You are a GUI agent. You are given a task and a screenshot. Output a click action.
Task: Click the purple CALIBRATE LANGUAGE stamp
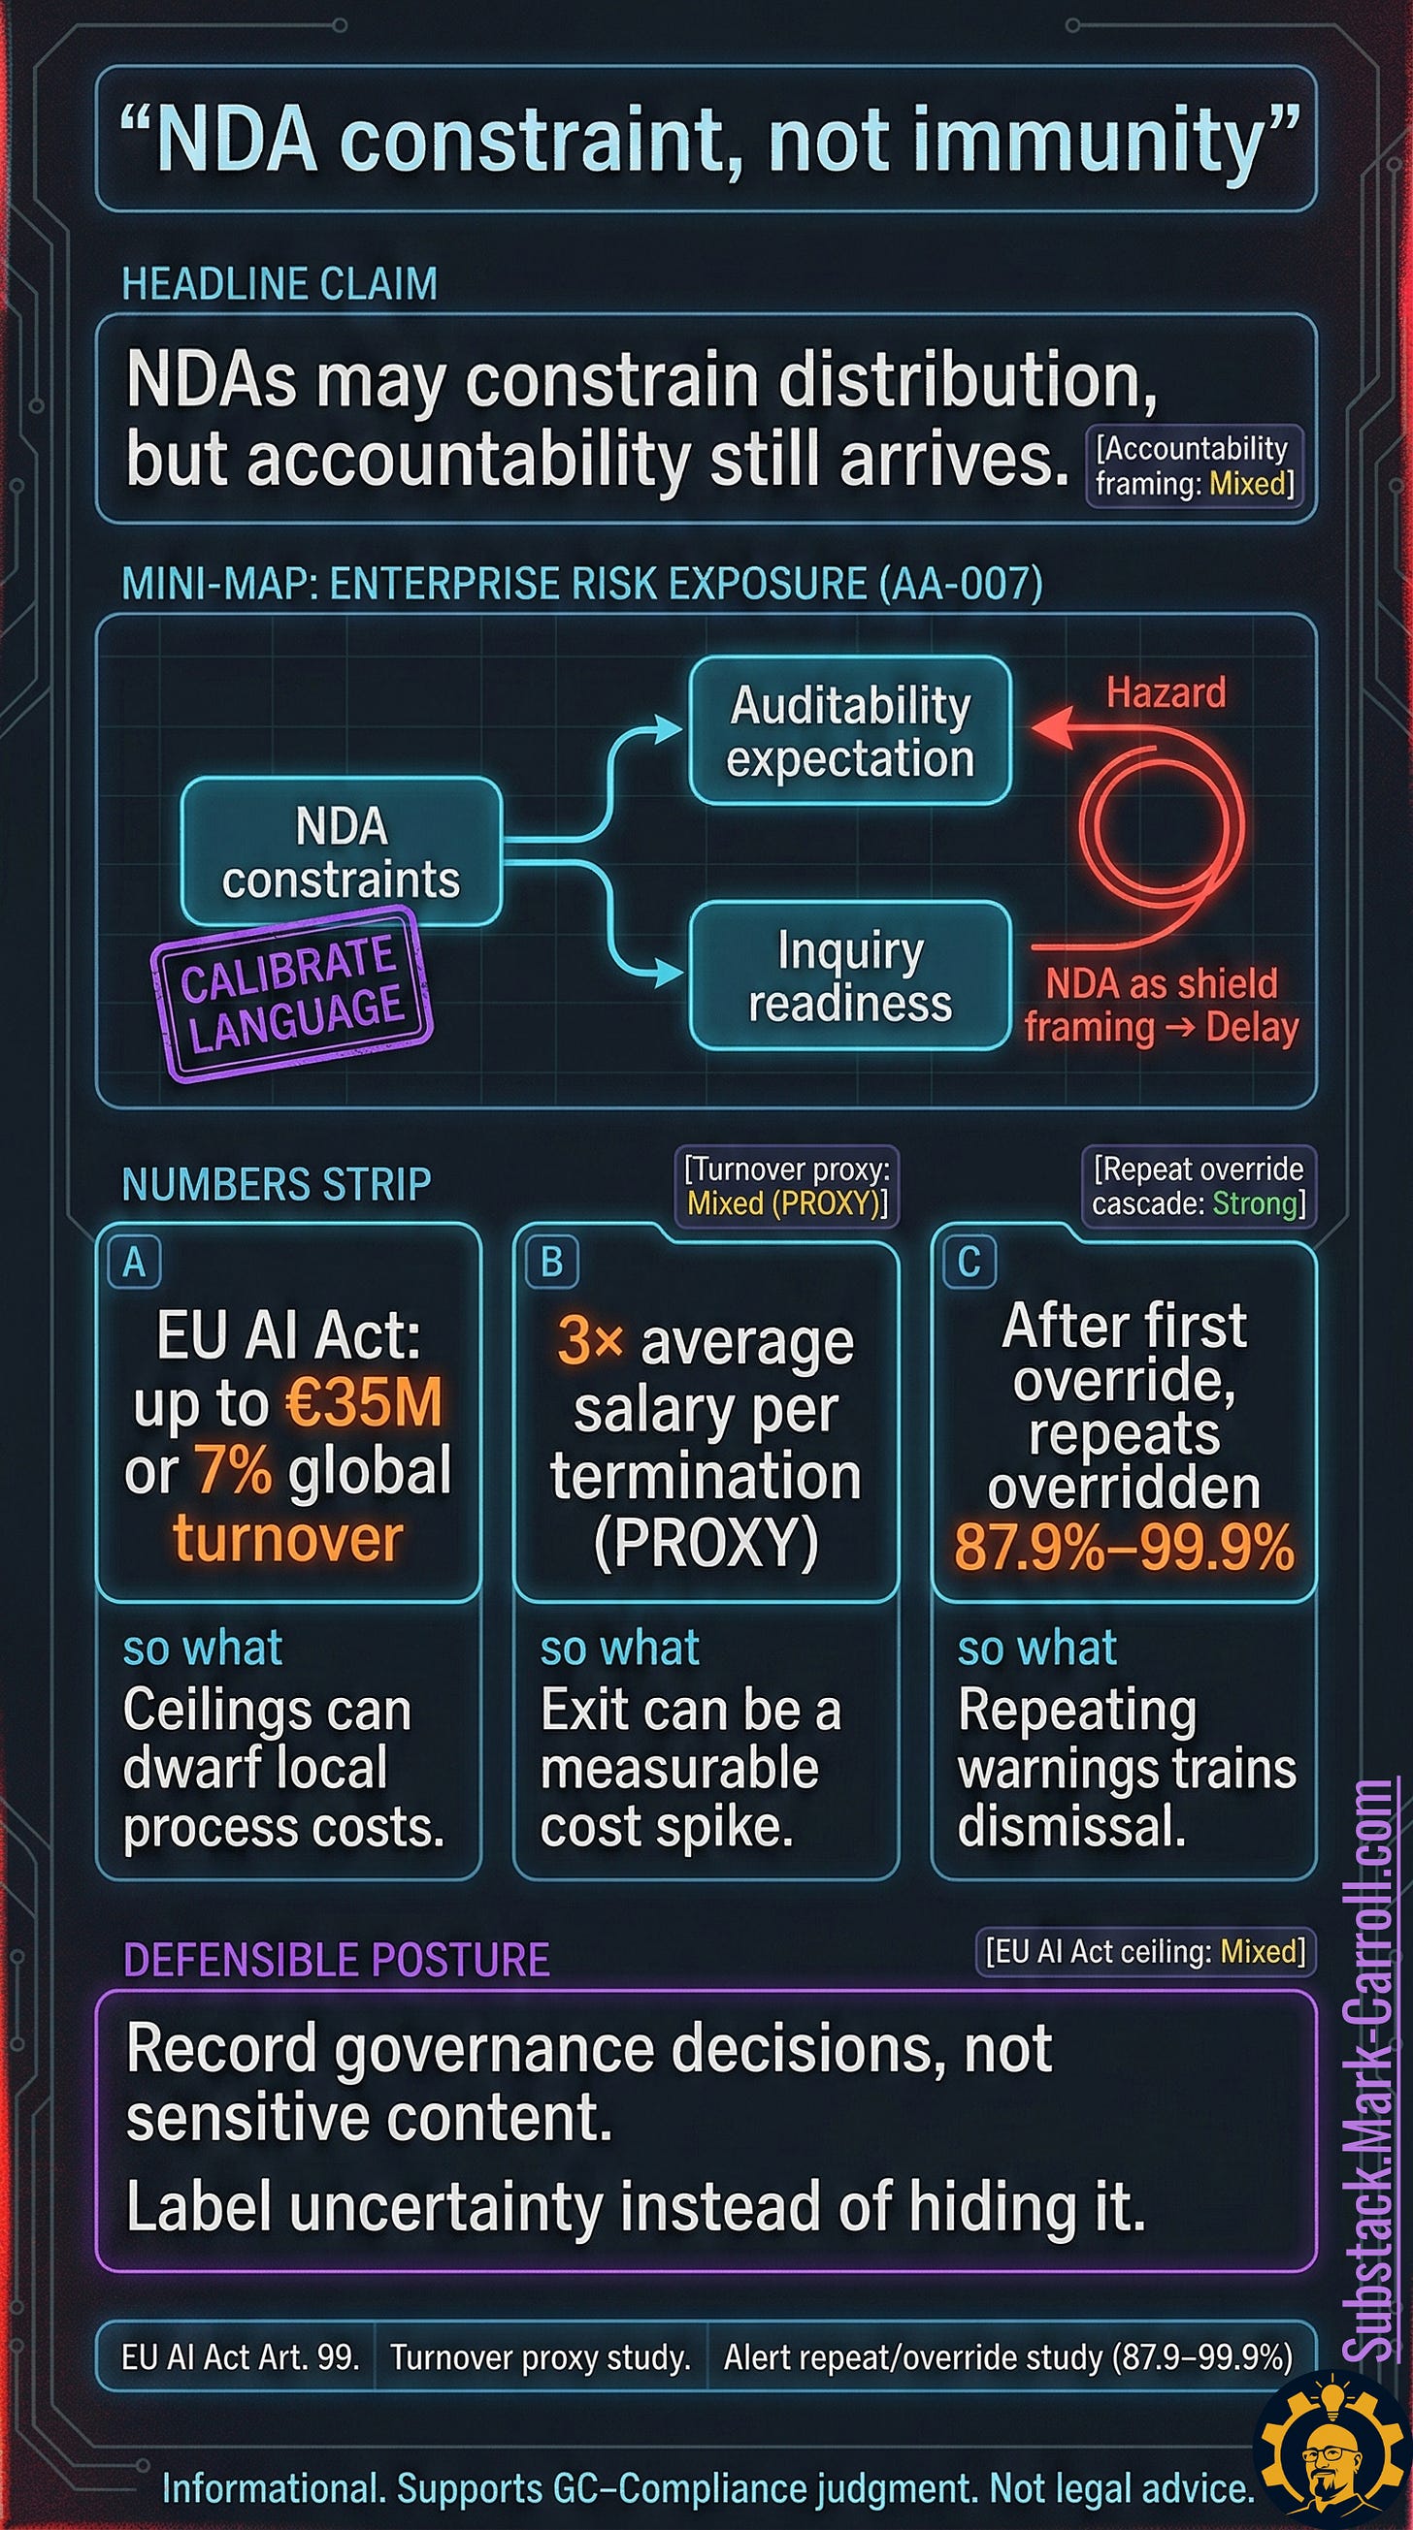point(292,994)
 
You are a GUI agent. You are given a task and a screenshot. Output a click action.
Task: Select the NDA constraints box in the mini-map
point(341,851)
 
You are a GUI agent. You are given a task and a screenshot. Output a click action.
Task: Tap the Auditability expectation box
point(850,732)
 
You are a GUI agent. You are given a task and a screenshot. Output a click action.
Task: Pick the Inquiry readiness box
point(850,977)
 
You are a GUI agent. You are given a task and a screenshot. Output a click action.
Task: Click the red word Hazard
point(1167,692)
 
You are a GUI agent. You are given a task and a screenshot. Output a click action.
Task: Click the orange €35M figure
point(364,1402)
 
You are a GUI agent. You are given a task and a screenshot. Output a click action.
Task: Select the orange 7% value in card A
point(233,1470)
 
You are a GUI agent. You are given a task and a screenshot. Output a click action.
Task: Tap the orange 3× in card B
point(590,1339)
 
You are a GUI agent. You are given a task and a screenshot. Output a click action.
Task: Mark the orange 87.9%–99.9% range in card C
point(1124,1549)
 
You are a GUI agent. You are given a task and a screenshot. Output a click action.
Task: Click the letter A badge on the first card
point(135,1262)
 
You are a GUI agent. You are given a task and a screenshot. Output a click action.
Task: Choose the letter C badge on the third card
point(969,1262)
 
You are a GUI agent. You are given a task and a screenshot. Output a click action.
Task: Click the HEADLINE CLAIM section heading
point(279,284)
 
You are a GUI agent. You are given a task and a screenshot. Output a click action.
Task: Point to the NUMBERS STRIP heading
point(277,1183)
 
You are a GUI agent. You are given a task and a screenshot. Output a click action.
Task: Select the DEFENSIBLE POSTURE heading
point(336,1960)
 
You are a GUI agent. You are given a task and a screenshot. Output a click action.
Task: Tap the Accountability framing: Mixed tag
point(1194,465)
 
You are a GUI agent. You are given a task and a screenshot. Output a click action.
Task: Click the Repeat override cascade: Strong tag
point(1198,1185)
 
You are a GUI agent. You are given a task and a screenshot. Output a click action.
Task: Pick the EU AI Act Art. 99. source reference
point(240,2357)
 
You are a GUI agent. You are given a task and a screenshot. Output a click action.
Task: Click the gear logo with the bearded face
point(1331,2455)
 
